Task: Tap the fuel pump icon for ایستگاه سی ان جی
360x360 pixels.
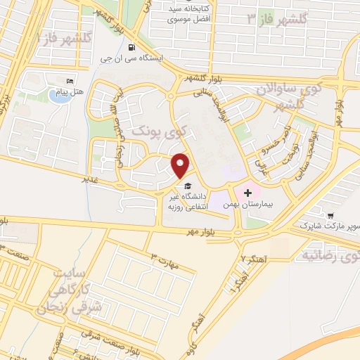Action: click(131, 48)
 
